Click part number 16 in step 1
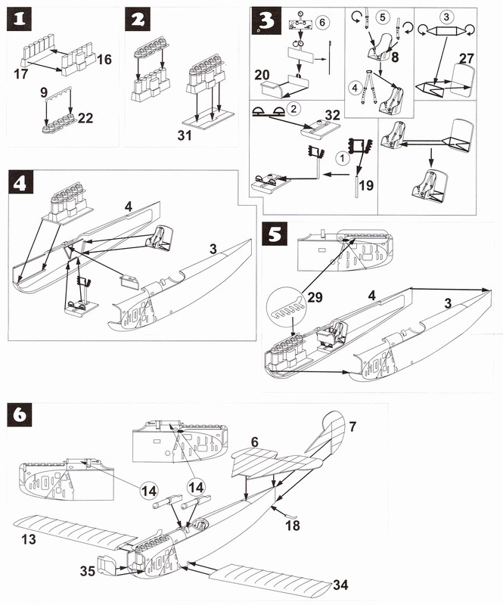104,58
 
